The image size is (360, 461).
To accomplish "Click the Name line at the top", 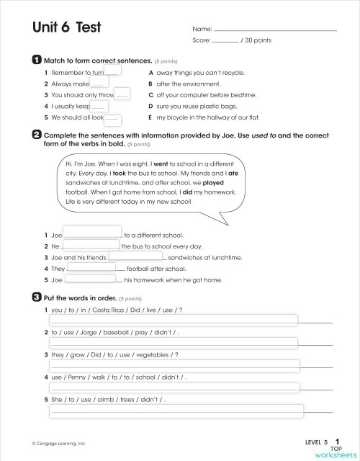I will [x=275, y=30].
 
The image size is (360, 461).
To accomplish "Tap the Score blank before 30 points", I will [x=225, y=41].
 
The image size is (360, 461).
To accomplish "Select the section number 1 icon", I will [x=36, y=61].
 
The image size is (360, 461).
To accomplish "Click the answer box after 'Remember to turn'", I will [x=113, y=71].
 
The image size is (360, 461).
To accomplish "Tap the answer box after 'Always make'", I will [x=100, y=84].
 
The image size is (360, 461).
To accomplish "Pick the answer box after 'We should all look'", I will [x=113, y=118].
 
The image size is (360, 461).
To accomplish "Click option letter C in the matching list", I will [x=150, y=94].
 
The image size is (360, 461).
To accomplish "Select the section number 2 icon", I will [x=36, y=134].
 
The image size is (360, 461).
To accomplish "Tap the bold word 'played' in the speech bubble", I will [x=213, y=183].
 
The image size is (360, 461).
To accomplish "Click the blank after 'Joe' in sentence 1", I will [x=93, y=233].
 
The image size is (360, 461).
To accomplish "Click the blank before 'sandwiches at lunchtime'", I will [x=135, y=256].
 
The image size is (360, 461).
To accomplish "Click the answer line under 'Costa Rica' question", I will [x=173, y=320].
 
